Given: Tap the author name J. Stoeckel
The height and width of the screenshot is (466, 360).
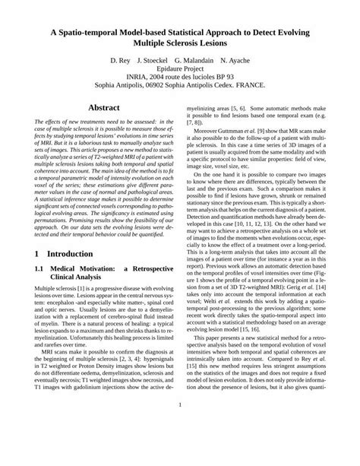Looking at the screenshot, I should (156, 59).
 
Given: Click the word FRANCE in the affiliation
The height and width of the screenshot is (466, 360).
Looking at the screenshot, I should (263, 86).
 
